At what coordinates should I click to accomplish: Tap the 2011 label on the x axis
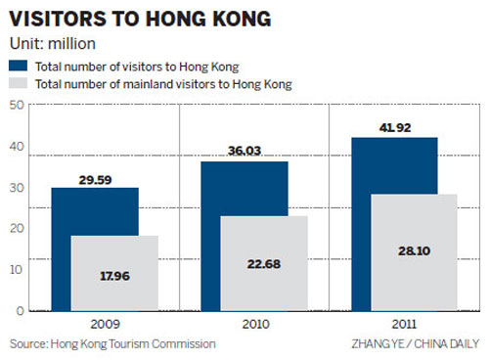pos(404,322)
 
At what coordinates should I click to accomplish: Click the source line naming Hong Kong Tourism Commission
pos(112,344)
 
